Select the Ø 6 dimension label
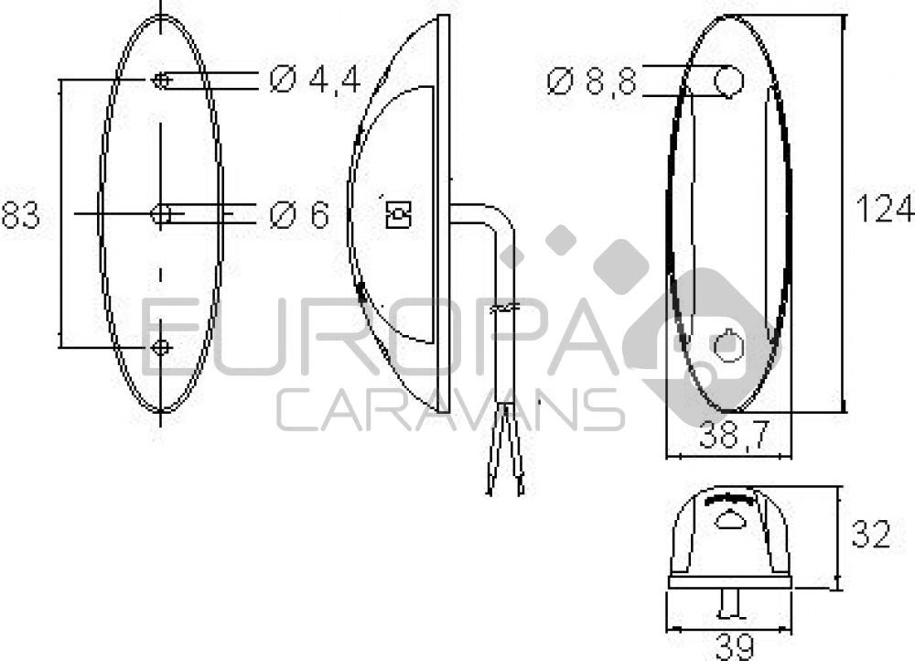[x=299, y=215]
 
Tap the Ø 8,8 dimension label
[x=591, y=81]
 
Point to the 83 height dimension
[x=20, y=216]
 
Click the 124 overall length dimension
[x=883, y=209]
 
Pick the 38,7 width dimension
[x=733, y=437]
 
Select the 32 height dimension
[x=870, y=535]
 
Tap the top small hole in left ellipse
[x=161, y=81]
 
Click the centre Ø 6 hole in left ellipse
[x=161, y=215]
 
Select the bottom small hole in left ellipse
[x=161, y=348]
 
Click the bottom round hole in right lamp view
[x=729, y=346]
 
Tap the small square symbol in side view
[x=399, y=215]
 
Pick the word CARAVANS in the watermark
[x=450, y=409]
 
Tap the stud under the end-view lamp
[x=729, y=602]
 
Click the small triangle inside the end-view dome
[x=730, y=521]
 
